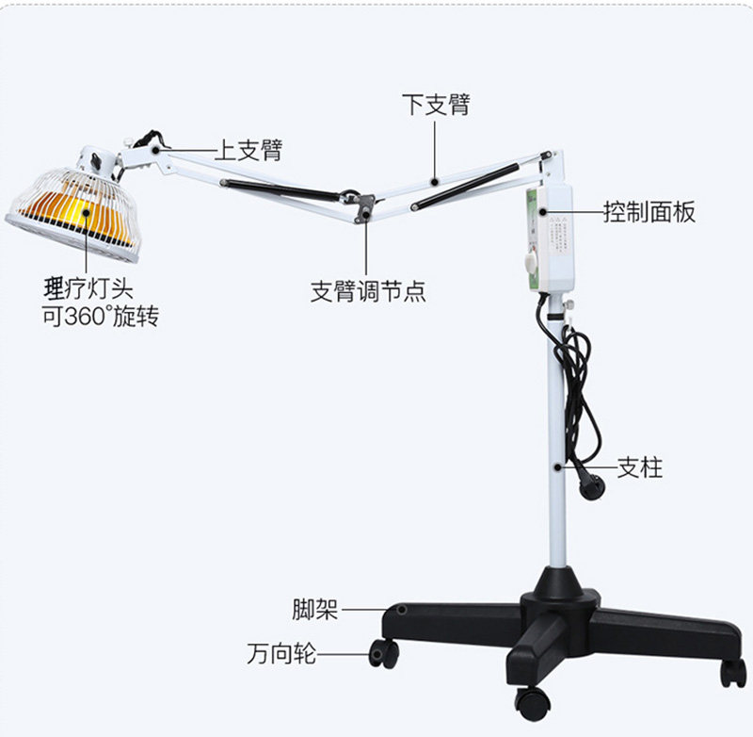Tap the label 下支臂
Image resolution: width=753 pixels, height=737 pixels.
click(435, 104)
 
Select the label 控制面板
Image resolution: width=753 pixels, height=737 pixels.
click(649, 211)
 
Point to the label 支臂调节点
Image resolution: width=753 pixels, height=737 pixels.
click(368, 291)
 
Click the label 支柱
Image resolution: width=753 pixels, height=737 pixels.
click(640, 467)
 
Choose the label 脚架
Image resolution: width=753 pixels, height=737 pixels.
click(314, 610)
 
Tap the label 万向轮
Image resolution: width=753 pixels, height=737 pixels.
click(281, 653)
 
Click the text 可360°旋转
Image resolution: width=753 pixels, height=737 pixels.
click(100, 316)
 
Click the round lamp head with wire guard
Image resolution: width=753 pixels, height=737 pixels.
click(71, 209)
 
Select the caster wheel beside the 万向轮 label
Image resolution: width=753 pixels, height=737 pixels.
click(383, 652)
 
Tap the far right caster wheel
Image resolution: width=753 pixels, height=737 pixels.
click(732, 673)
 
